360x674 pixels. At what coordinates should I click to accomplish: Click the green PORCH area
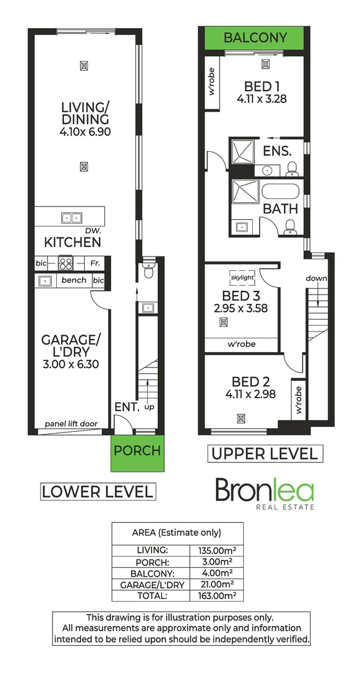(x=137, y=453)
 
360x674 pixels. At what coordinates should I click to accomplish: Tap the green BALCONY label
(x=255, y=37)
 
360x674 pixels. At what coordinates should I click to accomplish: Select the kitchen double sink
(x=71, y=218)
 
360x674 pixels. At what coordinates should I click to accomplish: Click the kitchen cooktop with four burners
(x=66, y=263)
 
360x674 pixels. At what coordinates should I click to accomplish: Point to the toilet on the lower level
(x=148, y=269)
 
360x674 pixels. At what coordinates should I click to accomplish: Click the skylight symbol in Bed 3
(x=242, y=278)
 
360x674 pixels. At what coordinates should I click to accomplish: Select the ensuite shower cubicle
(x=243, y=152)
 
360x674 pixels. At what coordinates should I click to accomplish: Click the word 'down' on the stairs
(x=316, y=278)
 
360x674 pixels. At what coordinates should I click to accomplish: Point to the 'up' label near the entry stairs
(x=150, y=407)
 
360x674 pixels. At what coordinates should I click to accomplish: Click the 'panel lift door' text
(x=71, y=424)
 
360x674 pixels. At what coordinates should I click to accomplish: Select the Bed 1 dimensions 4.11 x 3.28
(x=261, y=99)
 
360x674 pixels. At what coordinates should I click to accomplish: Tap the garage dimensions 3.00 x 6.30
(x=71, y=364)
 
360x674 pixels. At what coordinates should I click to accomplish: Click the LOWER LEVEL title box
(x=98, y=491)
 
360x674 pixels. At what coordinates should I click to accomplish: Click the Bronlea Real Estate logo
(x=265, y=494)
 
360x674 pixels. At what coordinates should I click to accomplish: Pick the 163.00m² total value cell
(x=216, y=596)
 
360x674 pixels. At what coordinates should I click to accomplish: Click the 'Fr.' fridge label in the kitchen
(x=94, y=263)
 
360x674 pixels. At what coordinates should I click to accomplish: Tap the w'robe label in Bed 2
(x=299, y=399)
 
